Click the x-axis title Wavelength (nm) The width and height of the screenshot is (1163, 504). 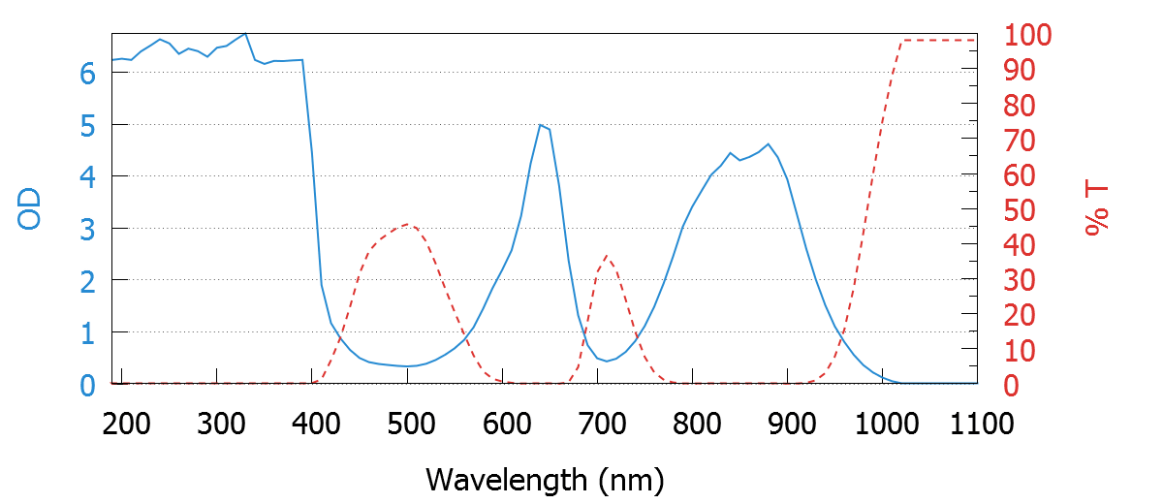point(545,478)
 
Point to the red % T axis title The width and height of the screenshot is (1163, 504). point(1096,209)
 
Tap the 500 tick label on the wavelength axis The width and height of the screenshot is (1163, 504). point(408,424)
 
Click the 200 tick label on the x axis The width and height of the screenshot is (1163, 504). point(122,424)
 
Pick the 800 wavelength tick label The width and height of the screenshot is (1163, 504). point(693,424)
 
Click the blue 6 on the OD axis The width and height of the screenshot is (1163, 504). point(87,74)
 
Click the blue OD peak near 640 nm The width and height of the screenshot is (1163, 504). point(540,125)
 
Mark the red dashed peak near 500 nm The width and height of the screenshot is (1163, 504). point(409,225)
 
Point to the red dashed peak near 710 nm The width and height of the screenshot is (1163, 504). point(607,256)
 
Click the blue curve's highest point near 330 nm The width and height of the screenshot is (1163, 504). point(245,34)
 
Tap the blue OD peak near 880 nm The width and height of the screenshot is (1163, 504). point(769,144)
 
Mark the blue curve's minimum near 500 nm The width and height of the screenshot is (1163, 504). point(408,366)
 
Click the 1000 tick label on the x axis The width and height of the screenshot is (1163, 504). point(882,424)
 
